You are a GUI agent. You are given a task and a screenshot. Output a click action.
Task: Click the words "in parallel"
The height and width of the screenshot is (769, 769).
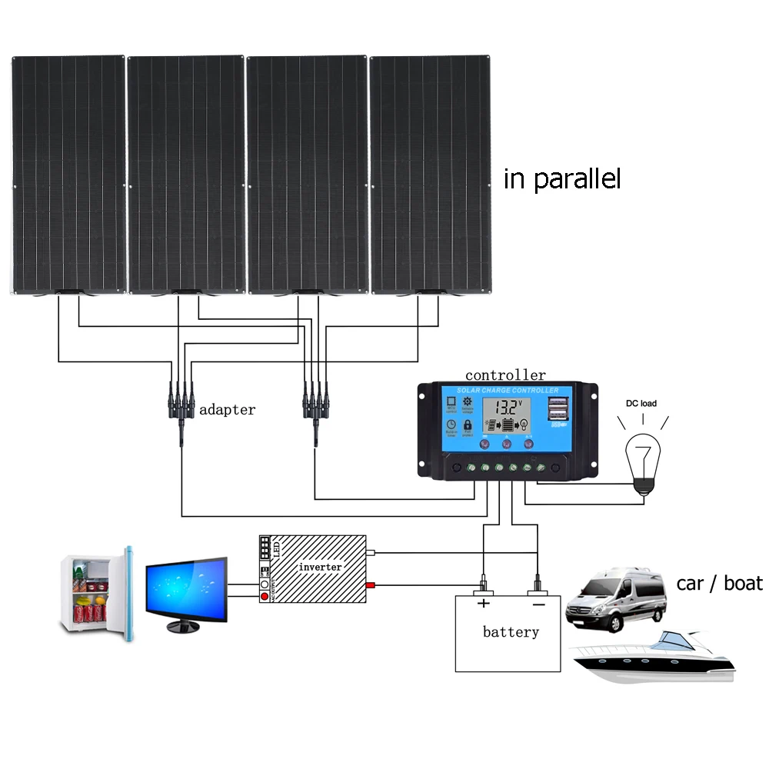click(561, 179)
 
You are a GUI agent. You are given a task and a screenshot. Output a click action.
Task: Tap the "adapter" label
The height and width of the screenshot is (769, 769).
click(227, 410)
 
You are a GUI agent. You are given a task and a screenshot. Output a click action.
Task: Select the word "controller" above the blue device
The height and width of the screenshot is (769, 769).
click(505, 375)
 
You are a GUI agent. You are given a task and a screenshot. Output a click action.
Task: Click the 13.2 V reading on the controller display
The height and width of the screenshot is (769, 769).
click(508, 408)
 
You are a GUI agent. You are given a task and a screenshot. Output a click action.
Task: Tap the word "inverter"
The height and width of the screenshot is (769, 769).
click(320, 567)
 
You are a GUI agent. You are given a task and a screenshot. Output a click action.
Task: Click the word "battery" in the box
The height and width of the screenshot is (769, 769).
click(511, 632)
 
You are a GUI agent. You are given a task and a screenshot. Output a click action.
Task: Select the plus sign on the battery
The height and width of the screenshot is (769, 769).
click(484, 604)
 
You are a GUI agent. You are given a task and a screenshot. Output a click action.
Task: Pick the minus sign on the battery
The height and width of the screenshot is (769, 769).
click(537, 604)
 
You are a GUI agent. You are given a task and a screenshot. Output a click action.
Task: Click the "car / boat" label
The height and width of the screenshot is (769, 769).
click(719, 583)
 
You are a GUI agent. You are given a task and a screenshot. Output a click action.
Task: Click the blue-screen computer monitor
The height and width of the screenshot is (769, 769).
click(187, 591)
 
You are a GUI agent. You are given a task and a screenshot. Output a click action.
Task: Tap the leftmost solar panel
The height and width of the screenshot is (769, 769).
click(68, 175)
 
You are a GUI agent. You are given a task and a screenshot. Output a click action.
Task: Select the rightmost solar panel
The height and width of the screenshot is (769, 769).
click(430, 175)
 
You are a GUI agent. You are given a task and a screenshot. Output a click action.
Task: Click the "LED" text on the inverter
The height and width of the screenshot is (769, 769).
click(278, 549)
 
